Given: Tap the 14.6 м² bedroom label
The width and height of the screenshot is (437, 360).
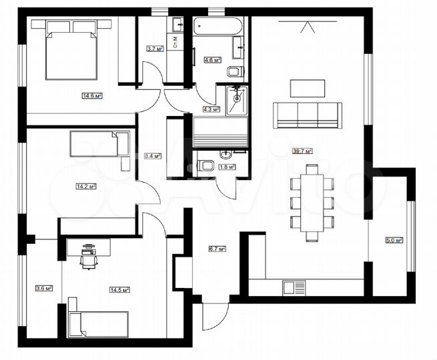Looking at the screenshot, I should tap(92, 96).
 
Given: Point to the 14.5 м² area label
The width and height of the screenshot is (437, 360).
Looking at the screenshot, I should tap(119, 289).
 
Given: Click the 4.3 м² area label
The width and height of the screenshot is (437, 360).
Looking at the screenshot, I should tap(211, 109).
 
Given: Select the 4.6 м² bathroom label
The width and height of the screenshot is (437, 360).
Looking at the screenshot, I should tap(213, 60).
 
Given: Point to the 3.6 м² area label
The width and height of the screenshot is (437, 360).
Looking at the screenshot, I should tap(43, 288).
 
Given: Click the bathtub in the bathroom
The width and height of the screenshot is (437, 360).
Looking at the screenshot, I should tap(217, 28).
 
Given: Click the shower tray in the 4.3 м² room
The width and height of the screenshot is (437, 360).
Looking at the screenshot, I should tap(238, 101).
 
